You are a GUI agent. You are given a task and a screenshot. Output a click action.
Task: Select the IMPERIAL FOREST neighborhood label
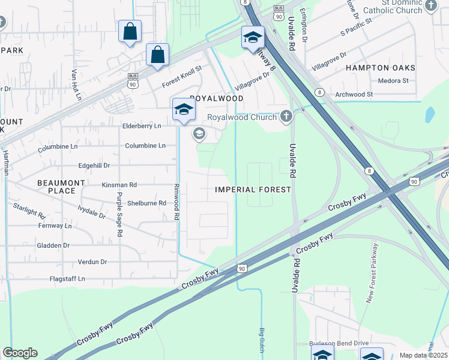[253, 190]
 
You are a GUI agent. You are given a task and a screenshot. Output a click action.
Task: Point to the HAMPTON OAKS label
[377, 68]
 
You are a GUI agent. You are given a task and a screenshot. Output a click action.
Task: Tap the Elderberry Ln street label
[142, 127]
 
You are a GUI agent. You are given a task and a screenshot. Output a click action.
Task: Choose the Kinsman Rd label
[119, 185]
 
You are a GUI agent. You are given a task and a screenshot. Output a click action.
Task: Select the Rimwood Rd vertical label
[176, 202]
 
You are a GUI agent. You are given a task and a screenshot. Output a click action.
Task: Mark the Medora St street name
[393, 80]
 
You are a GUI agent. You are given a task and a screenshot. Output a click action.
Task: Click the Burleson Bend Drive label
[339, 343]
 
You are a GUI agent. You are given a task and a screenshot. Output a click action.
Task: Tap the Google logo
[20, 353]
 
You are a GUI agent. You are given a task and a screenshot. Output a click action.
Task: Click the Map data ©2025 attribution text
[423, 355]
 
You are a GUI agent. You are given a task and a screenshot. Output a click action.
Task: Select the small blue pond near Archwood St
[430, 114]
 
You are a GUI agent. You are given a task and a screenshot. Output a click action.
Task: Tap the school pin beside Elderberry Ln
[184, 110]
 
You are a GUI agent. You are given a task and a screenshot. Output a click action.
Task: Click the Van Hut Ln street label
[76, 85]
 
